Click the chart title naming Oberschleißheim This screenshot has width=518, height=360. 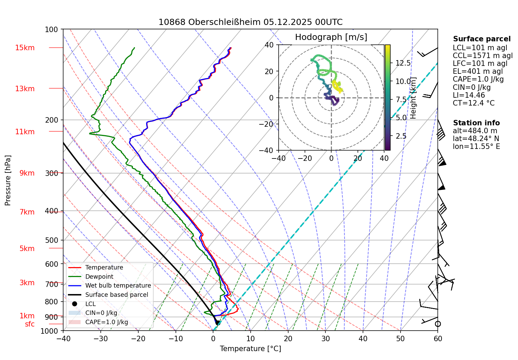pyautogui.click(x=250, y=22)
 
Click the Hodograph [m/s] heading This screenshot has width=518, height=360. pyautogui.click(x=331, y=37)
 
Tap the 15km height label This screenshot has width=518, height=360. pyautogui.click(x=25, y=48)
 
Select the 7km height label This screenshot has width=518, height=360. pyautogui.click(x=27, y=212)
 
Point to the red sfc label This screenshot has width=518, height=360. pyautogui.click(x=30, y=324)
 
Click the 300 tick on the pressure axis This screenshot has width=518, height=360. pyautogui.click(x=52, y=173)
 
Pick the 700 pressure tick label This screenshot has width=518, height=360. pyautogui.click(x=52, y=284)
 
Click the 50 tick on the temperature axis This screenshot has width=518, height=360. pyautogui.click(x=400, y=339)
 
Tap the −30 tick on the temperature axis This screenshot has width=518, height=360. pyautogui.click(x=101, y=339)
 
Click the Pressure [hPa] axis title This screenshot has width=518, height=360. pyautogui.click(x=8, y=180)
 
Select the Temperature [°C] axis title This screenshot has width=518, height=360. pyautogui.click(x=250, y=349)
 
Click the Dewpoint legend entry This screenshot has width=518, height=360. pyautogui.click(x=99, y=277)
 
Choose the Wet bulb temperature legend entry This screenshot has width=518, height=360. pyautogui.click(x=118, y=286)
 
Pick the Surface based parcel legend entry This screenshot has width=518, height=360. pyautogui.click(x=116, y=295)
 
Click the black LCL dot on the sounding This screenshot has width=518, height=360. pyautogui.click(x=217, y=322)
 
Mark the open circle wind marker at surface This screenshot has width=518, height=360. pyautogui.click(x=438, y=324)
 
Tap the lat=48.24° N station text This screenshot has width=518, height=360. pyautogui.click(x=476, y=139)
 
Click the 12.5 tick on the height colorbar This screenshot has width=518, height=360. pyautogui.click(x=403, y=63)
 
